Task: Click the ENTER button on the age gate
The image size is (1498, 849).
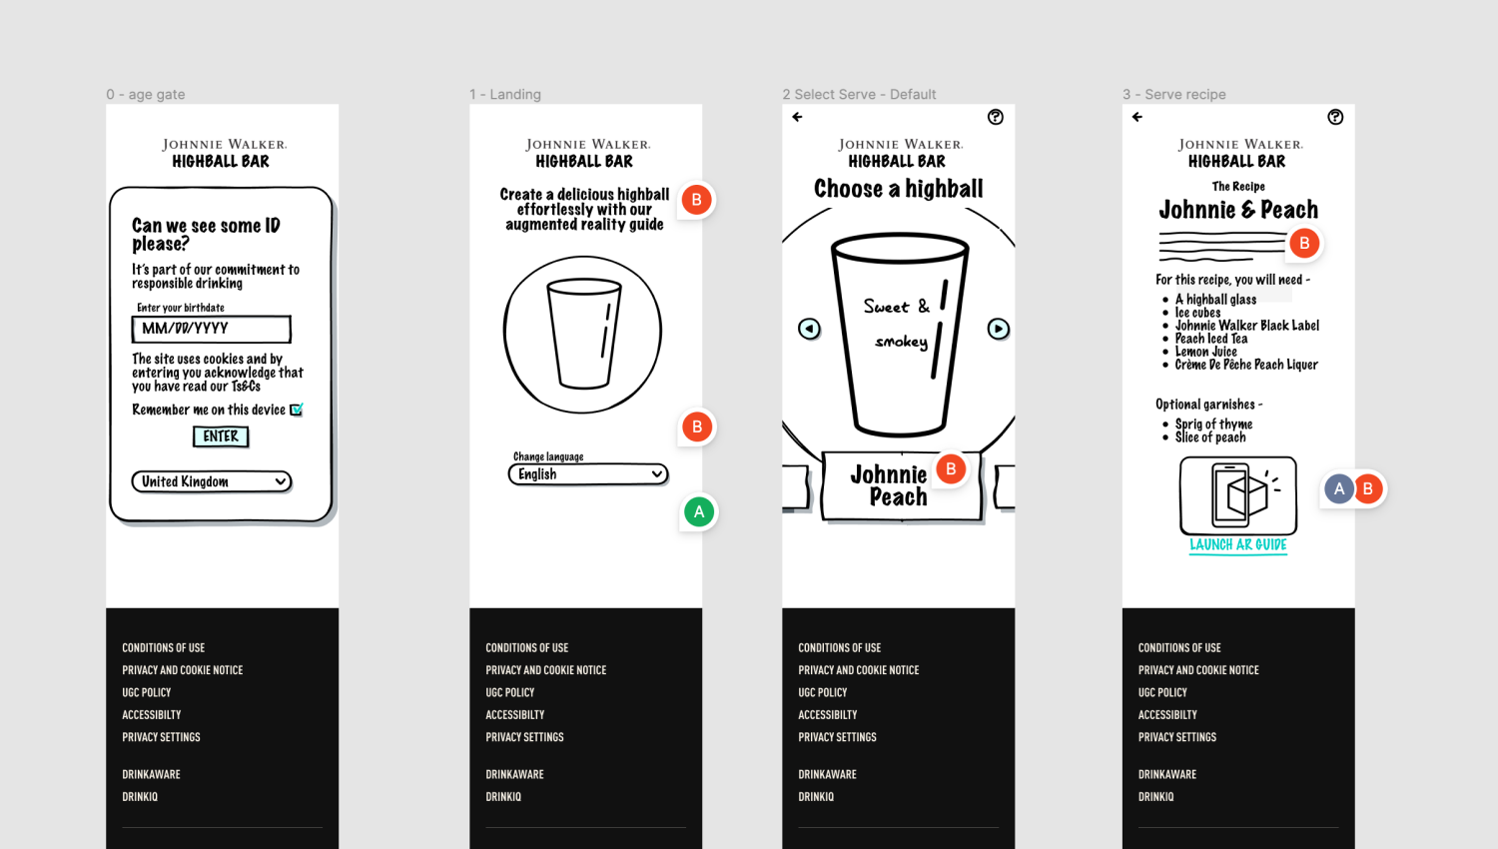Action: click(x=221, y=436)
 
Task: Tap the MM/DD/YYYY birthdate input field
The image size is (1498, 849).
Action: click(x=212, y=329)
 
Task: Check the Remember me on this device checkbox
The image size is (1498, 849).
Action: click(x=297, y=410)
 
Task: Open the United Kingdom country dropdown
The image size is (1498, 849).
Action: click(x=212, y=481)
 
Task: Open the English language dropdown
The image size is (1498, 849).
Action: click(x=588, y=474)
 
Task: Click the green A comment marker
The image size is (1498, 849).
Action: click(x=699, y=512)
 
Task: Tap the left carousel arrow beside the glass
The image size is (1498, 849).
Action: click(x=809, y=329)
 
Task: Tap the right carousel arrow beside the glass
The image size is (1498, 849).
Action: click(x=998, y=329)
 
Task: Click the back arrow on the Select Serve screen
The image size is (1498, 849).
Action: click(x=797, y=117)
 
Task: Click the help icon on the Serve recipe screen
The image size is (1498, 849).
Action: click(x=1335, y=117)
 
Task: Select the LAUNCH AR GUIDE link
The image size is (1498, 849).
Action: click(x=1238, y=545)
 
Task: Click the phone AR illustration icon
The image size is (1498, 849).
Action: click(x=1238, y=495)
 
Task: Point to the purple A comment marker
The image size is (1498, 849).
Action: click(x=1339, y=489)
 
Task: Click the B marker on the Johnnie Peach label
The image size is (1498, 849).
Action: click(x=951, y=469)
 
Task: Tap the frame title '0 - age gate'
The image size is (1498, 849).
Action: click(x=145, y=94)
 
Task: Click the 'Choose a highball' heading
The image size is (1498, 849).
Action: click(x=898, y=189)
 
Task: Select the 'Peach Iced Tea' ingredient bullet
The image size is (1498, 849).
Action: click(x=1211, y=339)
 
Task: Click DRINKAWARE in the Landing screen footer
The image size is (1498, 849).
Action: click(x=514, y=774)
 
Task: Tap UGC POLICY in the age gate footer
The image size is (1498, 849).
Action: click(x=147, y=692)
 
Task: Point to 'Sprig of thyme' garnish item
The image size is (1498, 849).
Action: click(x=1213, y=424)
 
